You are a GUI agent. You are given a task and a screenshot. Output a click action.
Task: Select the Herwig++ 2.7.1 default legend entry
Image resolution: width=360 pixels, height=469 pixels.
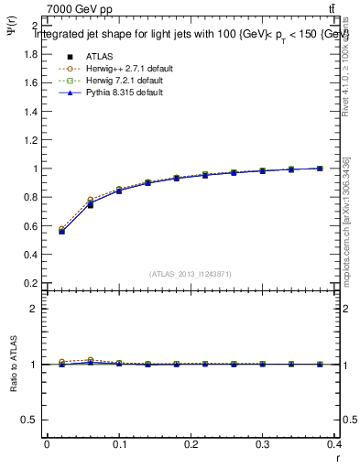tap(126, 69)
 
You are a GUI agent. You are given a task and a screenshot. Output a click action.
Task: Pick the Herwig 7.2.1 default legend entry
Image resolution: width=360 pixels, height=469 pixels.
tap(125, 81)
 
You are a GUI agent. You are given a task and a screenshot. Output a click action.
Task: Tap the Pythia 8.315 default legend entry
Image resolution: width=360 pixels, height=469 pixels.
tap(123, 93)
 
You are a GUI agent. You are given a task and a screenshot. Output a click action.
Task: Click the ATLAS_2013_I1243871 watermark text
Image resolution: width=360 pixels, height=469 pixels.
tap(191, 274)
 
